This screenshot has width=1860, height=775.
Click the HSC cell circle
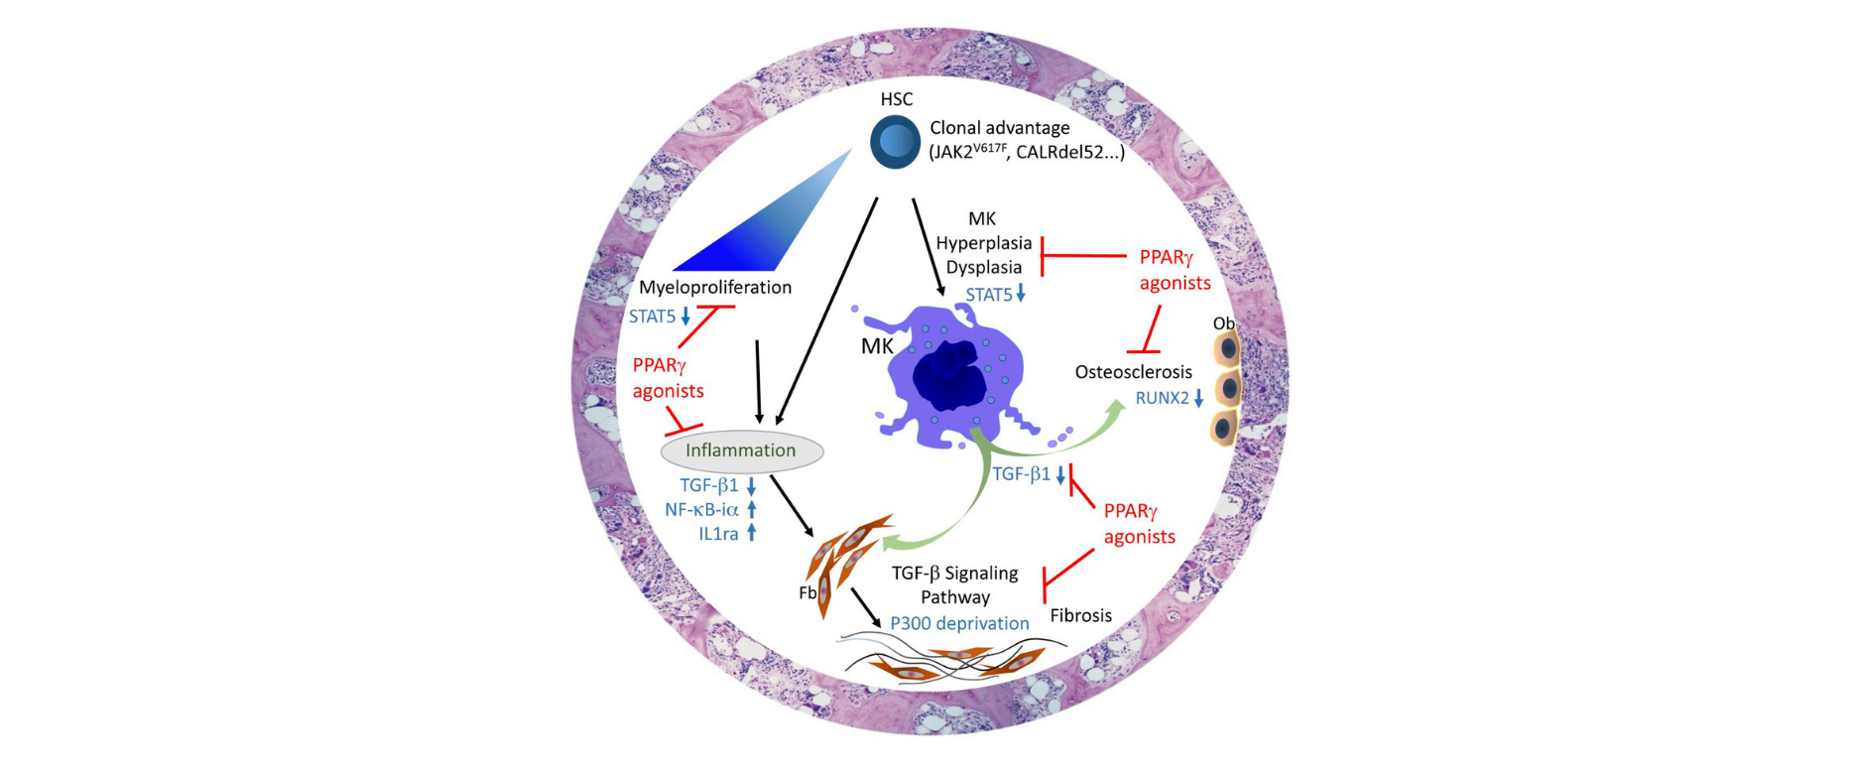[895, 142]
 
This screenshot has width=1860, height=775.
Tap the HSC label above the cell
[896, 99]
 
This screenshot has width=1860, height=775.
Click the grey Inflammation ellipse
[742, 451]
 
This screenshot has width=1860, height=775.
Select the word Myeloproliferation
[714, 288]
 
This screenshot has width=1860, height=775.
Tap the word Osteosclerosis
[1133, 372]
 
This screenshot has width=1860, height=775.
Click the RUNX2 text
[1162, 398]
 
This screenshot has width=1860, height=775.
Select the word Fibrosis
[1080, 615]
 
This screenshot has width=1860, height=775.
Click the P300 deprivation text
[959, 623]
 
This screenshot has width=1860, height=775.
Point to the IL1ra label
[718, 534]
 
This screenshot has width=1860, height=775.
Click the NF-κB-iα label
[701, 509]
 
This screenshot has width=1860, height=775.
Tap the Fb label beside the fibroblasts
[807, 592]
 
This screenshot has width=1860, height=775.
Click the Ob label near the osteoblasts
[1223, 323]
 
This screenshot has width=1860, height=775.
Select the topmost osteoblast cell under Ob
[1228, 349]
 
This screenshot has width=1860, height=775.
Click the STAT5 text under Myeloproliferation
[652, 317]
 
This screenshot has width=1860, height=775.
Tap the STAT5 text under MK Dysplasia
[989, 294]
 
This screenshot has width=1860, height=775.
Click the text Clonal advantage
[999, 128]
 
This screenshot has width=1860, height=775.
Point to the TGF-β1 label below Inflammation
[708, 485]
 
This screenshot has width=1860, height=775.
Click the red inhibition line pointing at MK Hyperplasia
[1083, 256]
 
